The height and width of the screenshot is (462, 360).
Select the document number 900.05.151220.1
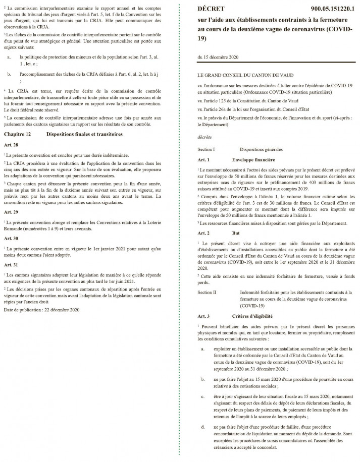coord(326,9)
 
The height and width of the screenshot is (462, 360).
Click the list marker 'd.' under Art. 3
coord(202,427)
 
